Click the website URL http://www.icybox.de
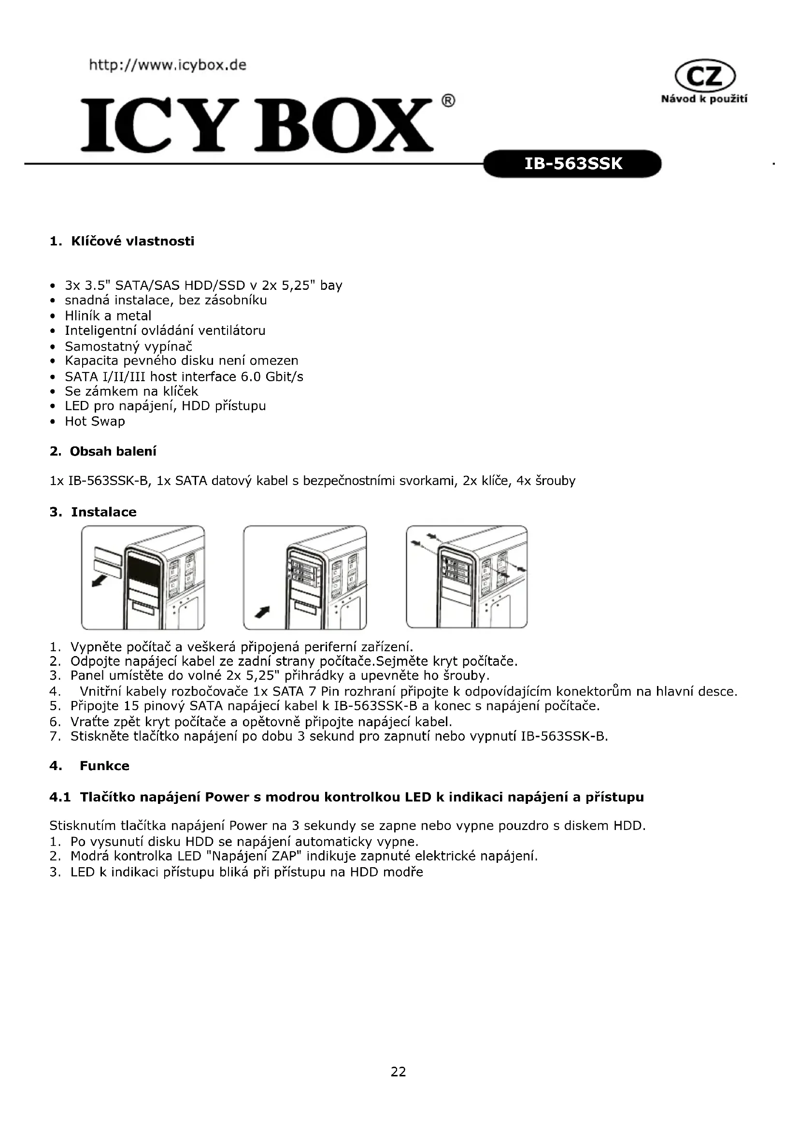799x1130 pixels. [x=167, y=65]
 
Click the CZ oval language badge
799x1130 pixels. [x=705, y=77]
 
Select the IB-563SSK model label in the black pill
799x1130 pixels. [x=573, y=163]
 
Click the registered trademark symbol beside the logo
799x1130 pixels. [x=448, y=101]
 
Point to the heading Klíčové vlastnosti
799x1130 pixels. [x=132, y=241]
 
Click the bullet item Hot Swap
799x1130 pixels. [x=95, y=421]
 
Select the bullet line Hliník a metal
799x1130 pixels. [x=108, y=315]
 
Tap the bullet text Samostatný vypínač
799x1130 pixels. [x=128, y=346]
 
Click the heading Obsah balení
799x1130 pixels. [x=113, y=451]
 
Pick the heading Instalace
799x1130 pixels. [x=103, y=512]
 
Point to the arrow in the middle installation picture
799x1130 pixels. [x=262, y=612]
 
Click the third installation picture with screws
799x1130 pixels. [x=467, y=577]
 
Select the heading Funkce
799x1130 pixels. [x=104, y=766]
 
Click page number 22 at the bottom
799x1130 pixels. [x=399, y=1072]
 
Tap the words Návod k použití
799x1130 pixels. [x=704, y=99]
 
